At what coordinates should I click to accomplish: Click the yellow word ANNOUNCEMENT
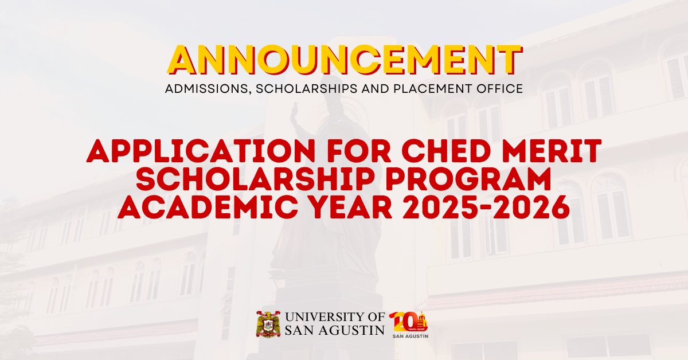coord(344,60)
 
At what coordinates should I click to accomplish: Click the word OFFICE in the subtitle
coord(501,89)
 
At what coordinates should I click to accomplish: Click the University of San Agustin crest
coord(268,324)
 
